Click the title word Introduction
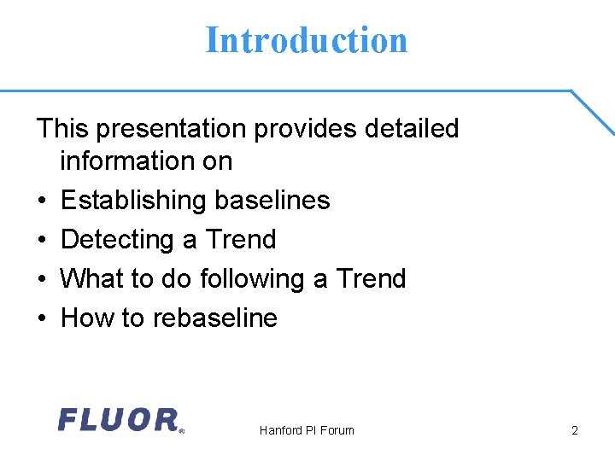[x=307, y=40]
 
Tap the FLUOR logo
[x=120, y=420]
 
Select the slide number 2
[x=575, y=430]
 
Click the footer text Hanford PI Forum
[x=307, y=430]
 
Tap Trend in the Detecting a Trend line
[x=241, y=240]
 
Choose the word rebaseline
[x=214, y=318]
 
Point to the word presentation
[x=172, y=129]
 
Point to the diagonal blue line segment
[x=593, y=112]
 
